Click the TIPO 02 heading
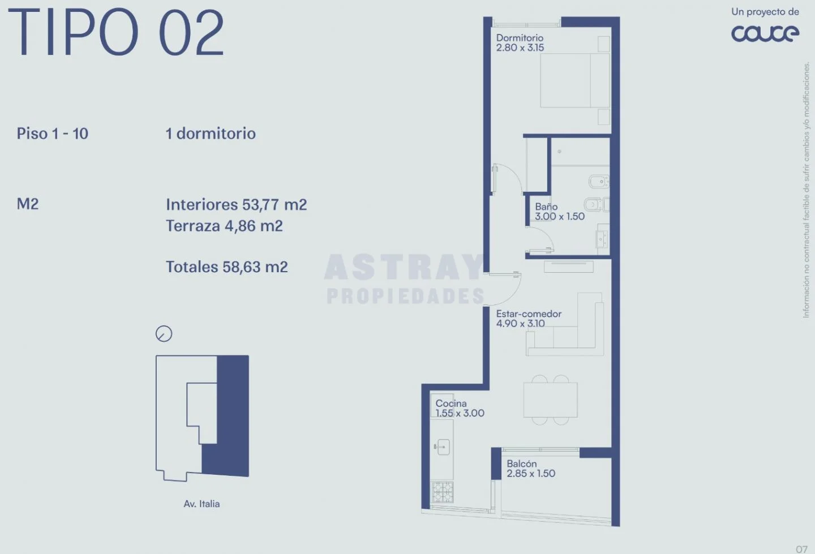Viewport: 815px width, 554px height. tap(115, 32)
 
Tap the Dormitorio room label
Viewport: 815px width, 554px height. tap(520, 38)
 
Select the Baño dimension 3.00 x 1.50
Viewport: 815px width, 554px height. tap(560, 216)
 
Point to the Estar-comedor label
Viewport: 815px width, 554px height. tap(529, 313)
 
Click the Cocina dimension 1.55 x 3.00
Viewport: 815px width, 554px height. tap(460, 413)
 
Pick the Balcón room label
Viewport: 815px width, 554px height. tap(522, 464)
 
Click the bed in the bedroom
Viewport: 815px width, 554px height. tap(575, 80)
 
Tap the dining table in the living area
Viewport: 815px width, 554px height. tap(550, 400)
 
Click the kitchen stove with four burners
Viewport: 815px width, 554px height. tap(443, 492)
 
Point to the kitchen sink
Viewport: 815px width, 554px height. tap(442, 447)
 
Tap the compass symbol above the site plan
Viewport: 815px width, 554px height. tap(164, 333)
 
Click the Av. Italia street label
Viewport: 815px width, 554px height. tap(201, 504)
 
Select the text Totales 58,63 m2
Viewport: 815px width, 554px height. tap(226, 267)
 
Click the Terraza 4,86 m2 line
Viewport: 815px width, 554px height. tap(224, 226)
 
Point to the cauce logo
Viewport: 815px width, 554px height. tap(765, 33)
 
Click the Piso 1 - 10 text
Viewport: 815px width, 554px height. tap(53, 134)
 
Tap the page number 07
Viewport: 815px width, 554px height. tap(801, 549)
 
